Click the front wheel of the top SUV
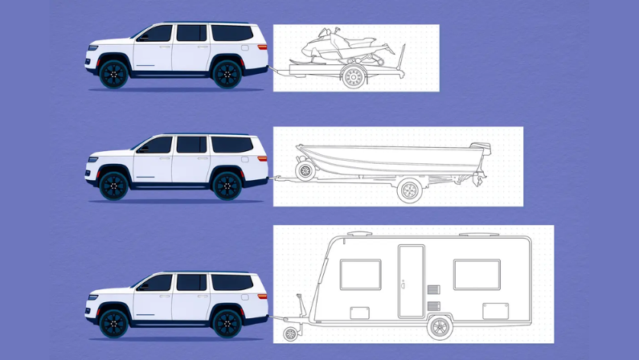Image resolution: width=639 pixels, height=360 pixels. point(115,74)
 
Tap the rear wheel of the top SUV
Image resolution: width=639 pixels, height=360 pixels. point(227,74)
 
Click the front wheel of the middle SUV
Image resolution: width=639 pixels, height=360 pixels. point(115,186)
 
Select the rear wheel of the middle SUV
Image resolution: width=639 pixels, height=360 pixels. point(227,186)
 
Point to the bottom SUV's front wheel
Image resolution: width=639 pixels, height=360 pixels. point(115,323)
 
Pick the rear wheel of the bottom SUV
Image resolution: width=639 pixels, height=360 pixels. point(227,323)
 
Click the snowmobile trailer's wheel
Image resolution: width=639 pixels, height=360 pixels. point(353,77)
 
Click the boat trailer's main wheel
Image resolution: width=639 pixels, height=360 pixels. point(409,191)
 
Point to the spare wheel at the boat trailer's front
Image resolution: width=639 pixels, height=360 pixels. point(305,170)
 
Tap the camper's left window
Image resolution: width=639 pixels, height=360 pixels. point(360,274)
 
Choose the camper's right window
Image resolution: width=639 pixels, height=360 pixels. point(476,274)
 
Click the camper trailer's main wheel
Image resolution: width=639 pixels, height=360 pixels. point(440,327)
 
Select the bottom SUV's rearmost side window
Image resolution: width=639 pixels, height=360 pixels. point(232,282)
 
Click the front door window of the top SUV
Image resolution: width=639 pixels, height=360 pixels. point(157,34)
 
